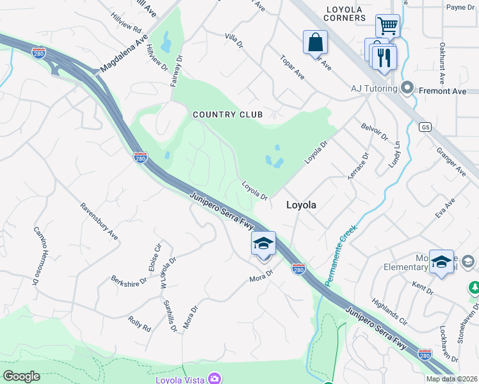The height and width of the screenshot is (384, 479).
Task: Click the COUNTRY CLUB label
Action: coord(228,115)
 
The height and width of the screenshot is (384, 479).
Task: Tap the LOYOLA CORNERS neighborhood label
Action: coord(345,13)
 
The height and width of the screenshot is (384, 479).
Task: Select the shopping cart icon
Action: coord(387,26)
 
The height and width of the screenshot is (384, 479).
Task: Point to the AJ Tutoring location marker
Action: coord(407,88)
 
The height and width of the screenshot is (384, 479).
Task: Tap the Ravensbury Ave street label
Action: coord(99,221)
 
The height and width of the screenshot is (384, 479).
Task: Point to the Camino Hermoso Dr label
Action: coord(36,255)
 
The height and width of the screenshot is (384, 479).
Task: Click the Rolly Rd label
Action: coord(139,323)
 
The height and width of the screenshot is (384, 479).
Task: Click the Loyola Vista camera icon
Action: coord(215,379)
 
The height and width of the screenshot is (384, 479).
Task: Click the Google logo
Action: coord(21,376)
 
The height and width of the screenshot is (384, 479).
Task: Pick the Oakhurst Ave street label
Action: coord(442,64)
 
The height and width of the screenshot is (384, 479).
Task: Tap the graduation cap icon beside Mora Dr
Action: coord(263,244)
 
